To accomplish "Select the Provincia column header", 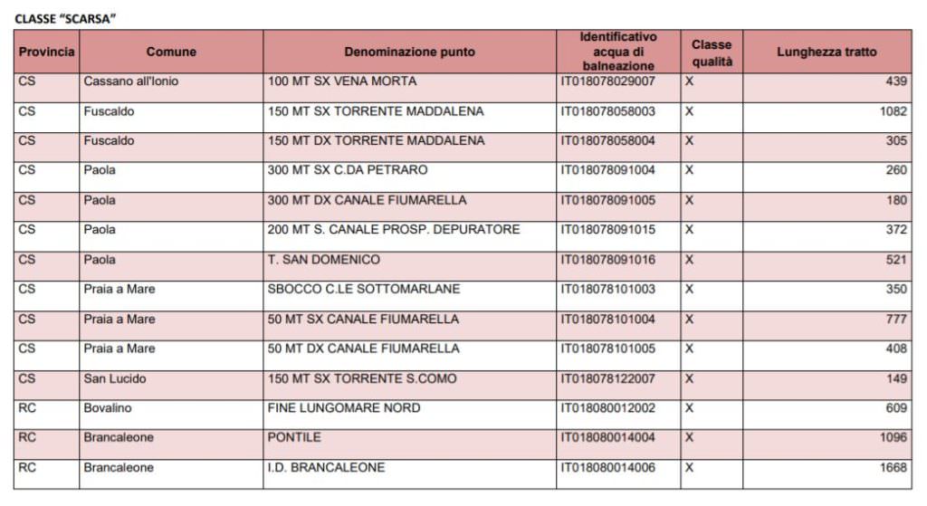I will point(46,52).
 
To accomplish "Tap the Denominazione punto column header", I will point(409,52).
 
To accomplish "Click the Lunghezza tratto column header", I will point(827,52).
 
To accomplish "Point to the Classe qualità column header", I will point(712,53).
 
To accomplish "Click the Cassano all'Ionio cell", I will point(131,81).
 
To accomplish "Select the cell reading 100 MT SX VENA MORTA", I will point(342,81).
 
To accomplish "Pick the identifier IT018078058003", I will point(607,111).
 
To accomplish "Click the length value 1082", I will point(893,111).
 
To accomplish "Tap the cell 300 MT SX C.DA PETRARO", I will point(348,170).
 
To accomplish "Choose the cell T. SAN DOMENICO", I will point(324,260).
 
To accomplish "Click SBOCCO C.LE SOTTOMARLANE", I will point(364,289).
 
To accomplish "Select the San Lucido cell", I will point(115,378).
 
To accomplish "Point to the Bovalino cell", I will point(108,408).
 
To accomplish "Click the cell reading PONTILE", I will point(294,437).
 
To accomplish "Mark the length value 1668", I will point(893,468).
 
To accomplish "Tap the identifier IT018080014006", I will point(607,468).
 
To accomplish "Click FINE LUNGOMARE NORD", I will point(344,408).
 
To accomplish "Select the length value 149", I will point(896,378).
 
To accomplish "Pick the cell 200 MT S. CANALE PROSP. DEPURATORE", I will point(394,230).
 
